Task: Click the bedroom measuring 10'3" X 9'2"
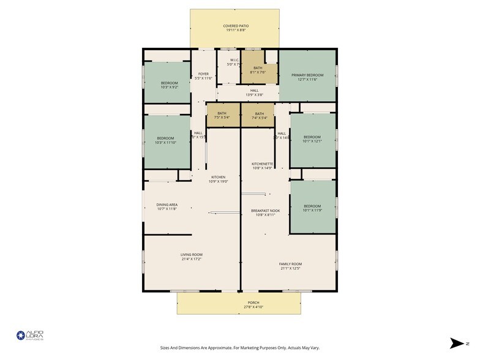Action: click(x=169, y=85)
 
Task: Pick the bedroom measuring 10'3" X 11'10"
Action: click(x=166, y=140)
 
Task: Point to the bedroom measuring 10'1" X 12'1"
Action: click(x=312, y=139)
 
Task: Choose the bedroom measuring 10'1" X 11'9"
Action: click(x=312, y=208)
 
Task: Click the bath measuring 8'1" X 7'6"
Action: click(x=258, y=70)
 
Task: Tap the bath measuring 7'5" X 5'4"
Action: click(x=222, y=115)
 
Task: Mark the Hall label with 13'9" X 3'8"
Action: click(x=254, y=92)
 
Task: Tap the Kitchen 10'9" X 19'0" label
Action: click(x=218, y=179)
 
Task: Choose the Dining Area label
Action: click(x=167, y=207)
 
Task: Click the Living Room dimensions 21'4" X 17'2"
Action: click(x=191, y=259)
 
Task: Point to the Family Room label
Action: click(x=291, y=266)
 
